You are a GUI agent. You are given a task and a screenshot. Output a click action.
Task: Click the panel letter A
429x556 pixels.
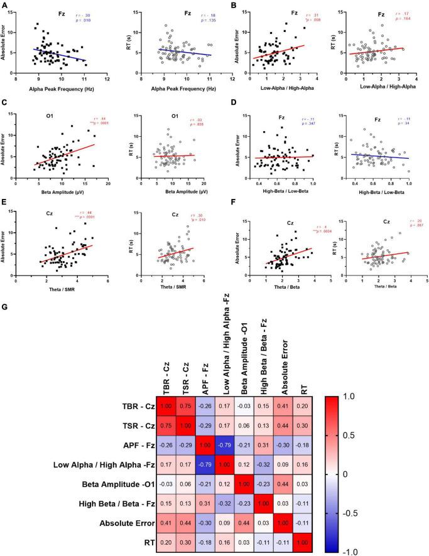[5, 6]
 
